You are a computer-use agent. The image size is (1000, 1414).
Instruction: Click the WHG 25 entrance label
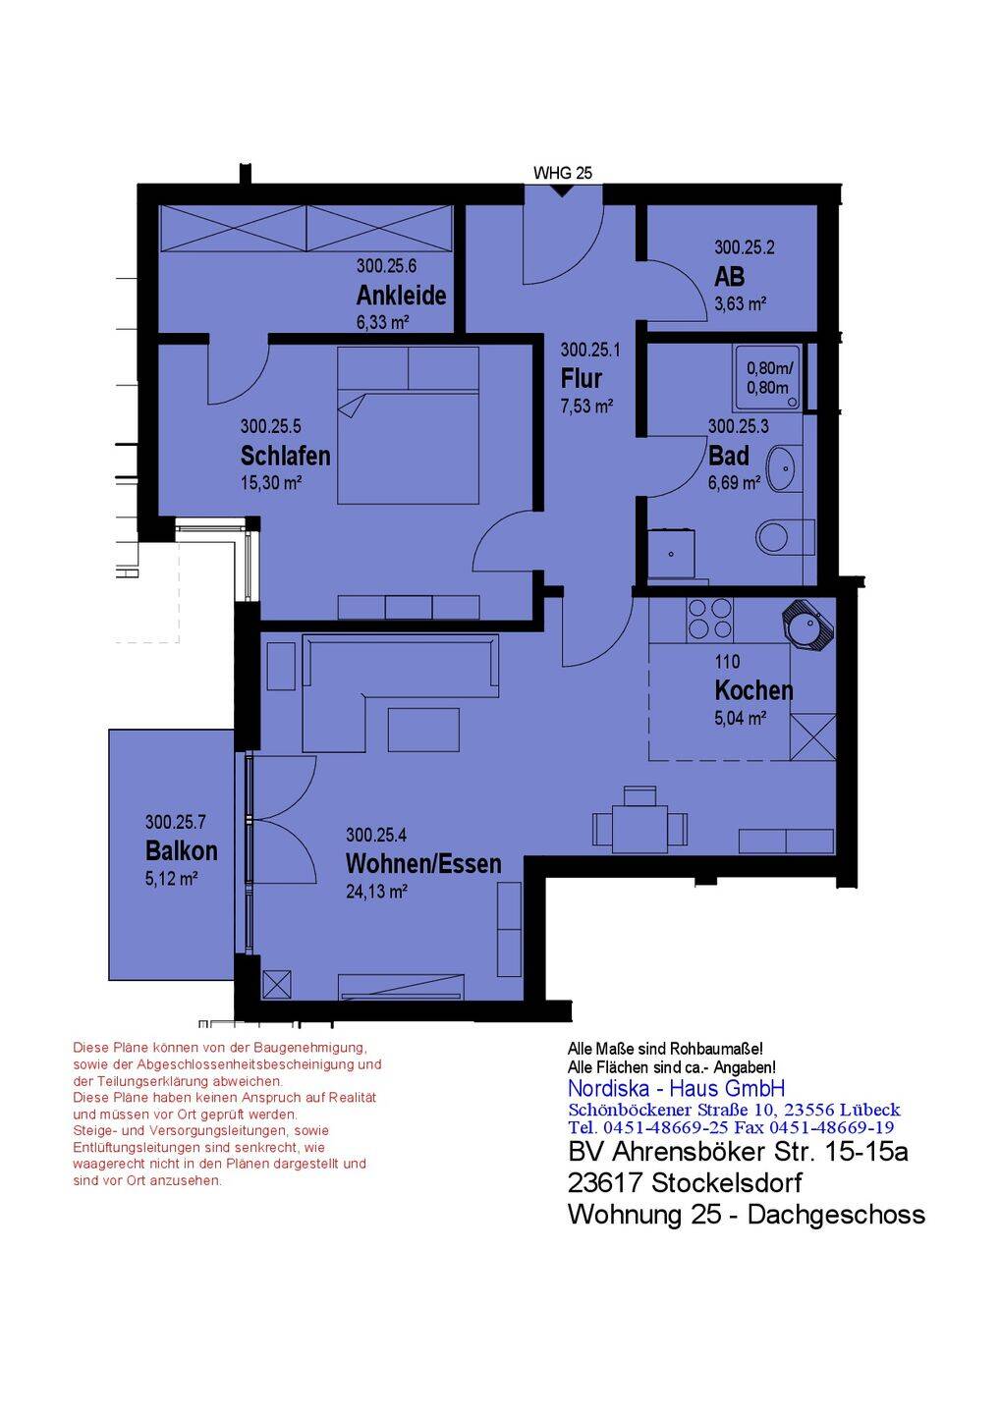click(x=563, y=173)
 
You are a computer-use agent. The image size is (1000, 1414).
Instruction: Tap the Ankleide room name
click(x=401, y=295)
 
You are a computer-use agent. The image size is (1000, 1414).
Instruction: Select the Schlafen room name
click(x=285, y=456)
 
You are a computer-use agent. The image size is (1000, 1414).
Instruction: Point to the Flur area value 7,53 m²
click(x=586, y=406)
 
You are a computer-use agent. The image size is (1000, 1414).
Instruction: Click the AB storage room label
click(x=729, y=277)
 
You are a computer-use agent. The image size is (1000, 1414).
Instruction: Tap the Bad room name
click(x=729, y=456)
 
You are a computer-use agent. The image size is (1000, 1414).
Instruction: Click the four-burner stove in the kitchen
click(x=710, y=619)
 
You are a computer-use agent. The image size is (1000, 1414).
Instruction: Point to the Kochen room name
click(x=753, y=690)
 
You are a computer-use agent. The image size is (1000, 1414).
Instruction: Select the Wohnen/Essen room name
click(x=423, y=863)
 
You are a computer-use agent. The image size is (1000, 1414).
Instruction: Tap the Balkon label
click(x=181, y=850)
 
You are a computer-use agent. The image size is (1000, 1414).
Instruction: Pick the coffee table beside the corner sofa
click(x=423, y=730)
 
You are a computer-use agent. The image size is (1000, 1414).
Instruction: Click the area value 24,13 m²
click(x=376, y=892)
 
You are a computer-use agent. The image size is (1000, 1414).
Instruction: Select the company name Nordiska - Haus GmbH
click(x=676, y=1088)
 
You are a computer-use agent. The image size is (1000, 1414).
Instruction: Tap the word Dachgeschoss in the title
click(x=836, y=1214)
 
